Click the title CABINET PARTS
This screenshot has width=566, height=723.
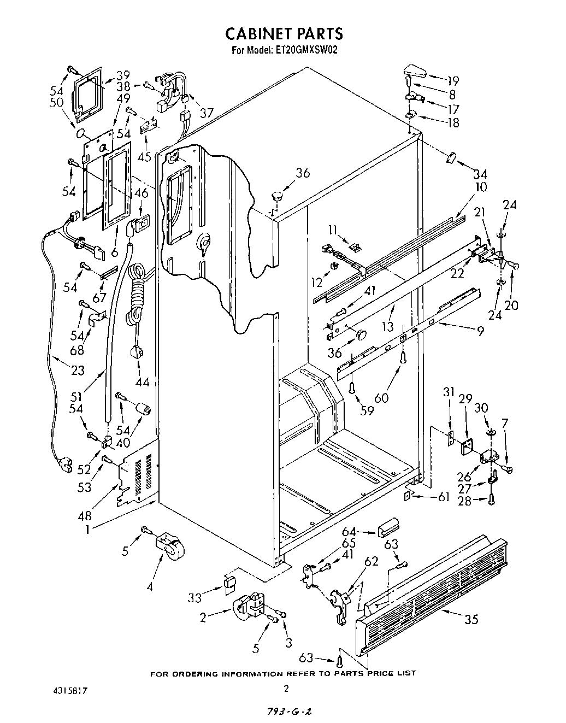pyautogui.click(x=284, y=34)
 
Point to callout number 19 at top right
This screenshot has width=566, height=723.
pyautogui.click(x=452, y=81)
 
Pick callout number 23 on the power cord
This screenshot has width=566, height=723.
pyautogui.click(x=78, y=370)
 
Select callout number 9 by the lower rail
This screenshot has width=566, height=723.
pyautogui.click(x=480, y=331)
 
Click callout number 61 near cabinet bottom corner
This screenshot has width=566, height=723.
pyautogui.click(x=443, y=497)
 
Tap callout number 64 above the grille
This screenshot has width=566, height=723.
pyautogui.click(x=350, y=531)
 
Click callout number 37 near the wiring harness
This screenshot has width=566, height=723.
pyautogui.click(x=206, y=113)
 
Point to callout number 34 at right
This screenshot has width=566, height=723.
pyautogui.click(x=480, y=174)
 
